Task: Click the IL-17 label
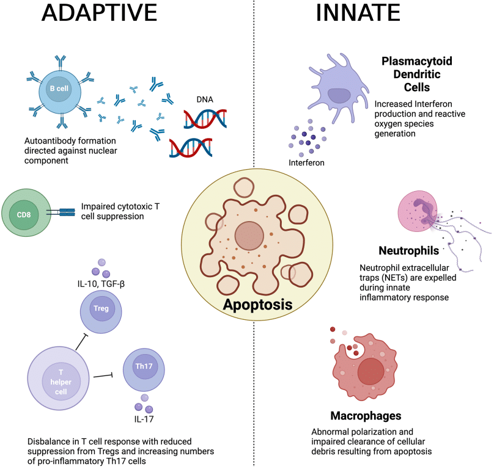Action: pyautogui.click(x=144, y=420)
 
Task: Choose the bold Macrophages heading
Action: pyautogui.click(x=366, y=416)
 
